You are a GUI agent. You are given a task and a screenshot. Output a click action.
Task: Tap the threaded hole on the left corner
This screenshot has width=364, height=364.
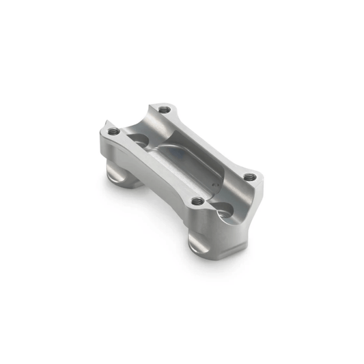[114, 131]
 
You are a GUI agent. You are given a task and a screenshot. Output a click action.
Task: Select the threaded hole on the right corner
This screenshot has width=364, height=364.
[250, 176]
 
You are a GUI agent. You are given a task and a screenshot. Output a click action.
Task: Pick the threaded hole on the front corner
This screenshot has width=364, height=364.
[197, 201]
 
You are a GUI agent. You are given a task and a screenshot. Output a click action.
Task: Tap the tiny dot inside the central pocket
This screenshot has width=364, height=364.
[213, 183]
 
